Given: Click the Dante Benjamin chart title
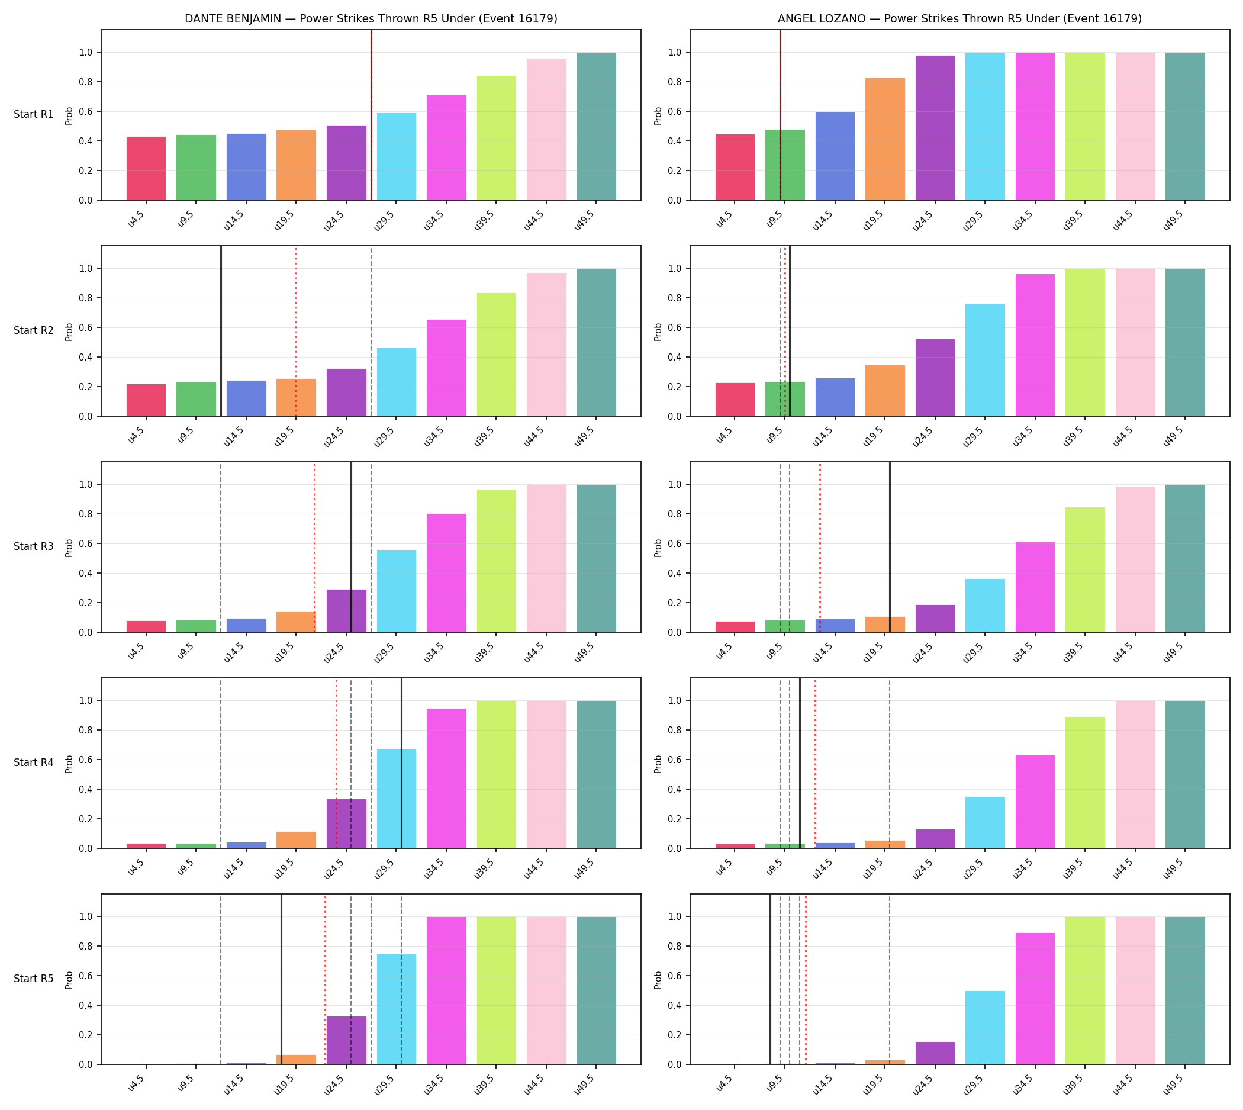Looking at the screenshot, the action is coord(371,19).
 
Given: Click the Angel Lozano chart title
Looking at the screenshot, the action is coord(959,19).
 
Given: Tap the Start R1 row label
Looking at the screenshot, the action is coord(34,115).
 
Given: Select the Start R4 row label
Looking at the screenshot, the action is coord(34,763).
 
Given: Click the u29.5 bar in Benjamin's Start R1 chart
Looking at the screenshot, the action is coord(397,157).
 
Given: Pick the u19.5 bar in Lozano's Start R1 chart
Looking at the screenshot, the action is coord(885,139).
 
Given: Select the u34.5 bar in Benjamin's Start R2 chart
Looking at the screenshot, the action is coord(446,368).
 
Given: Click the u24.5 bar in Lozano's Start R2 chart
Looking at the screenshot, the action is coord(935,378).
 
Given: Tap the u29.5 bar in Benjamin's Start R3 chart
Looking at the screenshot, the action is coord(397,591).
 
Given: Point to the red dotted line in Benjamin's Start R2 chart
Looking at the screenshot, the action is coord(297,331).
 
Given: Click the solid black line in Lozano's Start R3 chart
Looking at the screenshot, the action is coord(890,547).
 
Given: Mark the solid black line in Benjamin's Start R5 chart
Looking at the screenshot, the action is coord(281,980).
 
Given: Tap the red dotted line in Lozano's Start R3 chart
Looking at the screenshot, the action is coord(820,547).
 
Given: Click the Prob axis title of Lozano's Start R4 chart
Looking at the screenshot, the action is coord(658,764).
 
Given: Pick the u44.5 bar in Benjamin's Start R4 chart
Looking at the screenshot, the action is coord(546,774).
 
